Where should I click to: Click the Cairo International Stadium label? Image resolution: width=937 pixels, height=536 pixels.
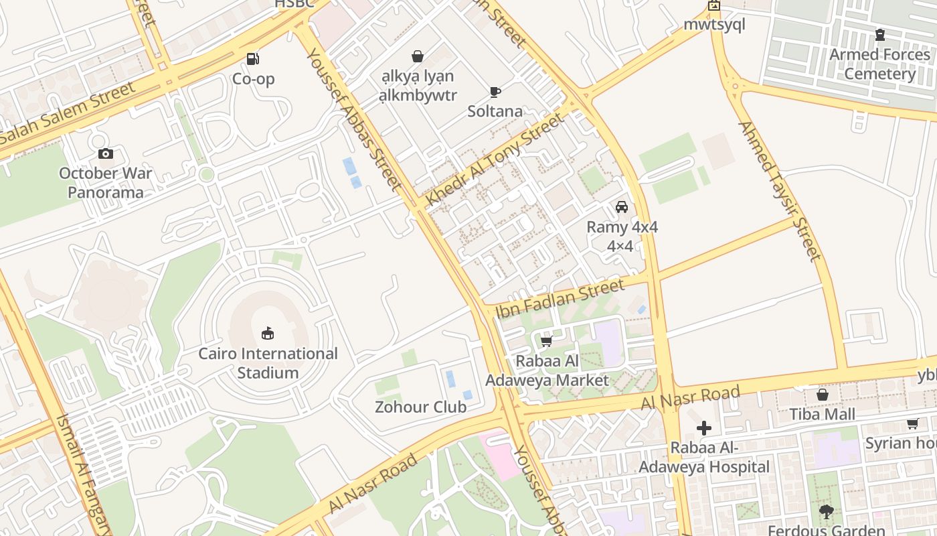click(268, 363)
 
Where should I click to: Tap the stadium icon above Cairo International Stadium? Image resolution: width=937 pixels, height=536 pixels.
click(268, 333)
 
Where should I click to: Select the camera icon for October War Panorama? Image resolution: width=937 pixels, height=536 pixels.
click(105, 154)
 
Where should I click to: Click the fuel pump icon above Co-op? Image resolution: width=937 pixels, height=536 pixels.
click(253, 59)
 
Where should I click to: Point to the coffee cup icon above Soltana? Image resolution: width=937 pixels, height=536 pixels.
click(495, 92)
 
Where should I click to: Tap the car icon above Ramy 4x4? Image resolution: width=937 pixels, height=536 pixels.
click(622, 207)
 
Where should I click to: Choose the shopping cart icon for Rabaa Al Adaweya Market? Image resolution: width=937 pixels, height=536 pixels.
click(546, 342)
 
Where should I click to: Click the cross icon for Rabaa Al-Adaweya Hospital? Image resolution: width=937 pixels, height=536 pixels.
click(703, 428)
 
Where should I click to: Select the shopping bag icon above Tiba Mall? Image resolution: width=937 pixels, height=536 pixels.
click(823, 395)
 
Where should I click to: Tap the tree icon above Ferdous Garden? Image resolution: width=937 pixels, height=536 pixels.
click(826, 512)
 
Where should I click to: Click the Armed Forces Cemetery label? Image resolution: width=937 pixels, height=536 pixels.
click(880, 64)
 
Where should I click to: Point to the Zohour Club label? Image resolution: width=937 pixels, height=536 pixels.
click(420, 407)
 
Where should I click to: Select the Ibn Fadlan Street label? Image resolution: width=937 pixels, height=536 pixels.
click(560, 298)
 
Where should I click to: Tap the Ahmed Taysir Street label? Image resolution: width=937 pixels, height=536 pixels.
click(780, 191)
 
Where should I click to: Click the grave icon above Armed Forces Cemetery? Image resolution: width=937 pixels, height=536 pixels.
click(880, 35)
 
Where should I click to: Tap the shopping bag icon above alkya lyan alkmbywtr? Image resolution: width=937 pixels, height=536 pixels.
click(418, 56)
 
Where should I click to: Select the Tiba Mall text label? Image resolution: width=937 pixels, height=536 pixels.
click(823, 414)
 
